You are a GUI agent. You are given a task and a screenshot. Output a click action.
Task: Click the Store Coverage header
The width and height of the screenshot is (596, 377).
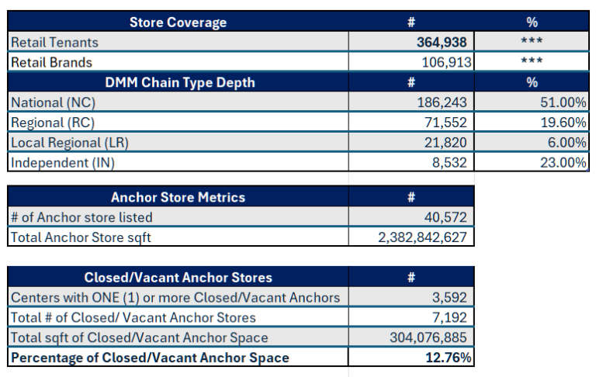point(178,22)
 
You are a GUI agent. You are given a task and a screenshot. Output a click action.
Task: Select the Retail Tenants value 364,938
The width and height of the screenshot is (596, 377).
point(442,43)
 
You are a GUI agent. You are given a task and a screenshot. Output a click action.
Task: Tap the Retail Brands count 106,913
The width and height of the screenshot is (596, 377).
point(442,62)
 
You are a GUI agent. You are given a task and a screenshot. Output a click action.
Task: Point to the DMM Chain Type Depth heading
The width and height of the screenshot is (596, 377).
point(178,82)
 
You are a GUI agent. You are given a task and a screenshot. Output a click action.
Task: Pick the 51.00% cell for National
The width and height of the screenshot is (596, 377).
point(563,102)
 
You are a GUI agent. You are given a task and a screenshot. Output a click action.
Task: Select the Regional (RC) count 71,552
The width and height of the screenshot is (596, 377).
point(446,123)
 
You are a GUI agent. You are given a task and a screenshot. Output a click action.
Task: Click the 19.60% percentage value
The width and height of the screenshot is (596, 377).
point(563,123)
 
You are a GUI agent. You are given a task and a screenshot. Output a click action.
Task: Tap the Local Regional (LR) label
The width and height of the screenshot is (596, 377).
point(71,142)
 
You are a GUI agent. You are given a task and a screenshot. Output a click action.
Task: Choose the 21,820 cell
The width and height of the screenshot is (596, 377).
point(446,142)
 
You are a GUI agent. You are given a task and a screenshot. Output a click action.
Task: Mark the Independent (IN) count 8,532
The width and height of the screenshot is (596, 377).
point(450,162)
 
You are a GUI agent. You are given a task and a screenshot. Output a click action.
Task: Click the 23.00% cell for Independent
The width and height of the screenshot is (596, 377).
point(563,162)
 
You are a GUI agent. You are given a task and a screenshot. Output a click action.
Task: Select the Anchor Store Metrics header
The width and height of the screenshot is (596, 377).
point(178,198)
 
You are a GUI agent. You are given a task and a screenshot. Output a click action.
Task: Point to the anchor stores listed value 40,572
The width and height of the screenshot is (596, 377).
point(446,218)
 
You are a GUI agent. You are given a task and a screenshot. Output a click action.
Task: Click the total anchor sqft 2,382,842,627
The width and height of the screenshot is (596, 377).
point(422,238)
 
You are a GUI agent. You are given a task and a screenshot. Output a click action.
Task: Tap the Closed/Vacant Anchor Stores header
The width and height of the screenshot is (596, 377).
point(178,278)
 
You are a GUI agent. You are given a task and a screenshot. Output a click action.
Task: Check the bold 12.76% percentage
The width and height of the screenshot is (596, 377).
point(448,358)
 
